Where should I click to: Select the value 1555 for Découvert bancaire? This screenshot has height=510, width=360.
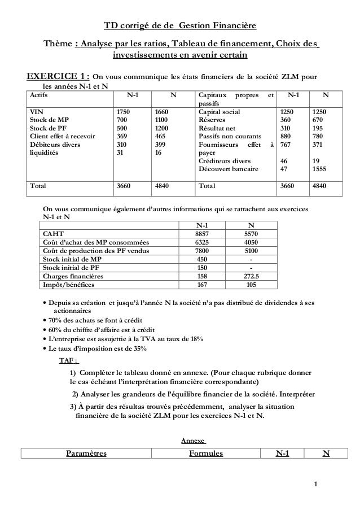point(322,168)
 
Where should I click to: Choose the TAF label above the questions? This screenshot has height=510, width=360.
point(69,360)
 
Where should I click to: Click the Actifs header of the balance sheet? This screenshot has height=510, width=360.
point(40,96)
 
